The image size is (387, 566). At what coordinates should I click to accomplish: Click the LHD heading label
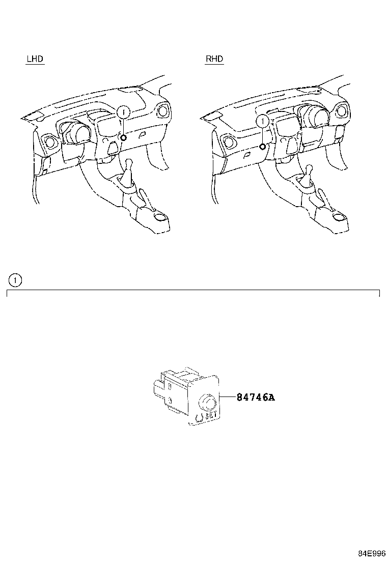(35, 59)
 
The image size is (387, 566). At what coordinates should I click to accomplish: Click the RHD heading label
(214, 59)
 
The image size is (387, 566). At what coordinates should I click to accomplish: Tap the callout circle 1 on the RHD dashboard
(262, 121)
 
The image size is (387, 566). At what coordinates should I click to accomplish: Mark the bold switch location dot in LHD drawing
(124, 137)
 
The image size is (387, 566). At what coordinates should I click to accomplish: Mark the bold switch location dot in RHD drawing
(262, 147)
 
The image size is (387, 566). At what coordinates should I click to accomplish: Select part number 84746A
(255, 398)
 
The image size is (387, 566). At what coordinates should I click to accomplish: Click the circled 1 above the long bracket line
(16, 279)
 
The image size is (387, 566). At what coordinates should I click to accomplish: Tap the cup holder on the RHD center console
(338, 219)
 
